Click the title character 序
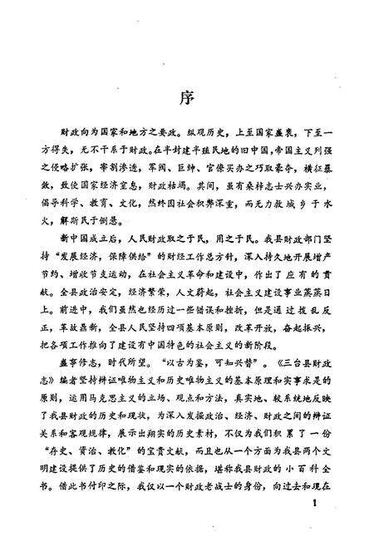186,97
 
